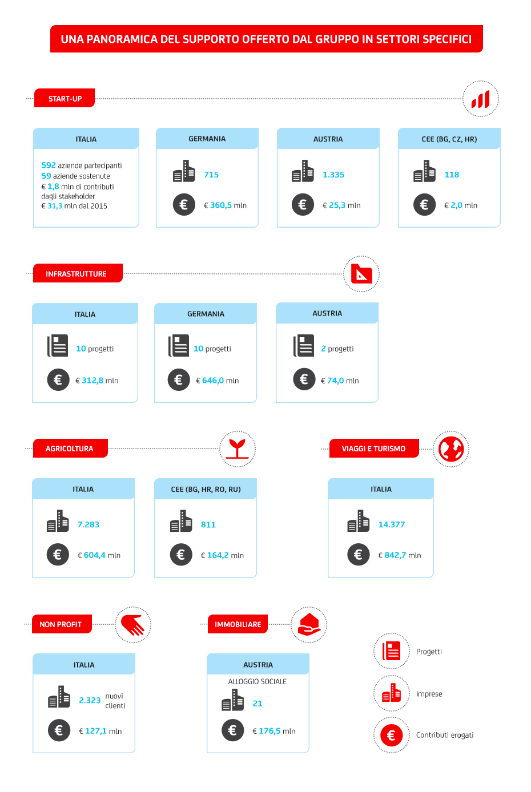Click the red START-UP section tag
[x=65, y=98]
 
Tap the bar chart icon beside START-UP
[x=480, y=99]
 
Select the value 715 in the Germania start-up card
[x=211, y=175]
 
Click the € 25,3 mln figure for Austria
[x=341, y=205]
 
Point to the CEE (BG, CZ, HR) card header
[x=449, y=139]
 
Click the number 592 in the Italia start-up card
[x=49, y=165]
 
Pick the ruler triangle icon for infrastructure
[x=361, y=274]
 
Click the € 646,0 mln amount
[x=217, y=381]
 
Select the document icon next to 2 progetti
[x=303, y=345]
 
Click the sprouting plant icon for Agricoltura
[x=238, y=449]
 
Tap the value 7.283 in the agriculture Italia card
[x=88, y=524]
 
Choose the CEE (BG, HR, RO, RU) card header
[x=206, y=489]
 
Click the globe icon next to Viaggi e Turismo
[x=451, y=449]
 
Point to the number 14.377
[x=392, y=524]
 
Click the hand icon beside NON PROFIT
[x=132, y=625]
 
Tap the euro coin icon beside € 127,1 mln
[x=59, y=730]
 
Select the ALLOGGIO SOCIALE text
[x=257, y=681]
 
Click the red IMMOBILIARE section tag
[x=238, y=624]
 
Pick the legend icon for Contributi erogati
[x=391, y=735]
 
